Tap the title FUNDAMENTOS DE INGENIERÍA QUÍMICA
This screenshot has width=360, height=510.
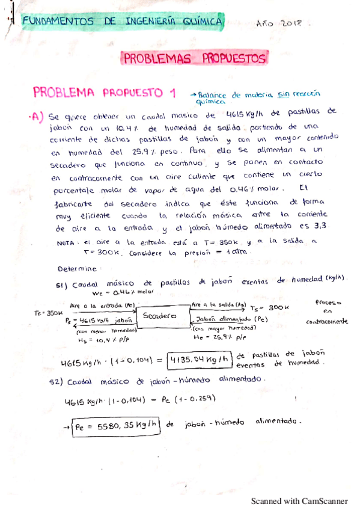click(x=123, y=22)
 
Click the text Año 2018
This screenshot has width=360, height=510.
click(x=281, y=23)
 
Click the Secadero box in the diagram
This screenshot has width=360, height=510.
click(x=159, y=316)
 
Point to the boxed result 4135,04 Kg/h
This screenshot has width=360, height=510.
click(x=201, y=360)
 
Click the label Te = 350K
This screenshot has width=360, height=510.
click(x=47, y=313)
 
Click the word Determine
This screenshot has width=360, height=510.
click(x=79, y=268)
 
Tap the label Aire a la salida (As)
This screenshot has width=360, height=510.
click(x=219, y=305)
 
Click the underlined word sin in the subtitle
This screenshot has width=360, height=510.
click(x=284, y=94)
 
